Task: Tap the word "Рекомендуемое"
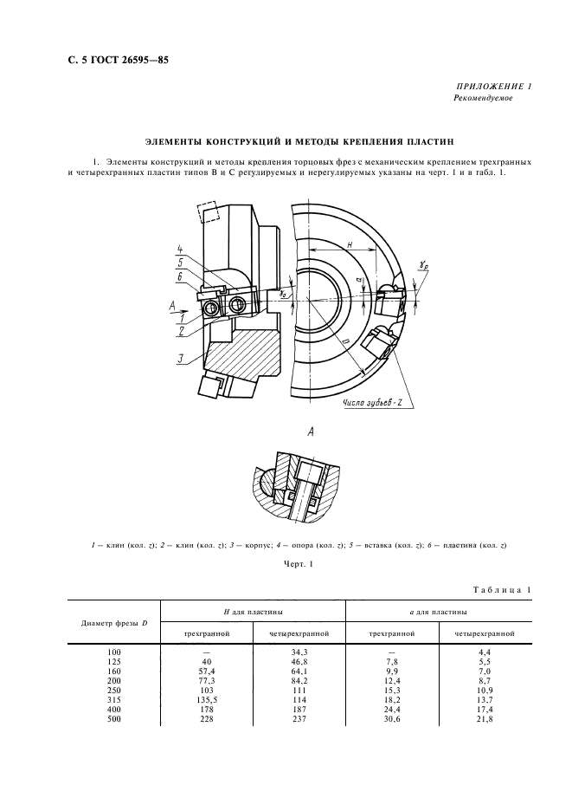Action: point(483,99)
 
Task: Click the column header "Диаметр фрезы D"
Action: point(115,623)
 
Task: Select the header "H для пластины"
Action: point(253,613)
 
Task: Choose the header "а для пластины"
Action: point(438,613)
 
